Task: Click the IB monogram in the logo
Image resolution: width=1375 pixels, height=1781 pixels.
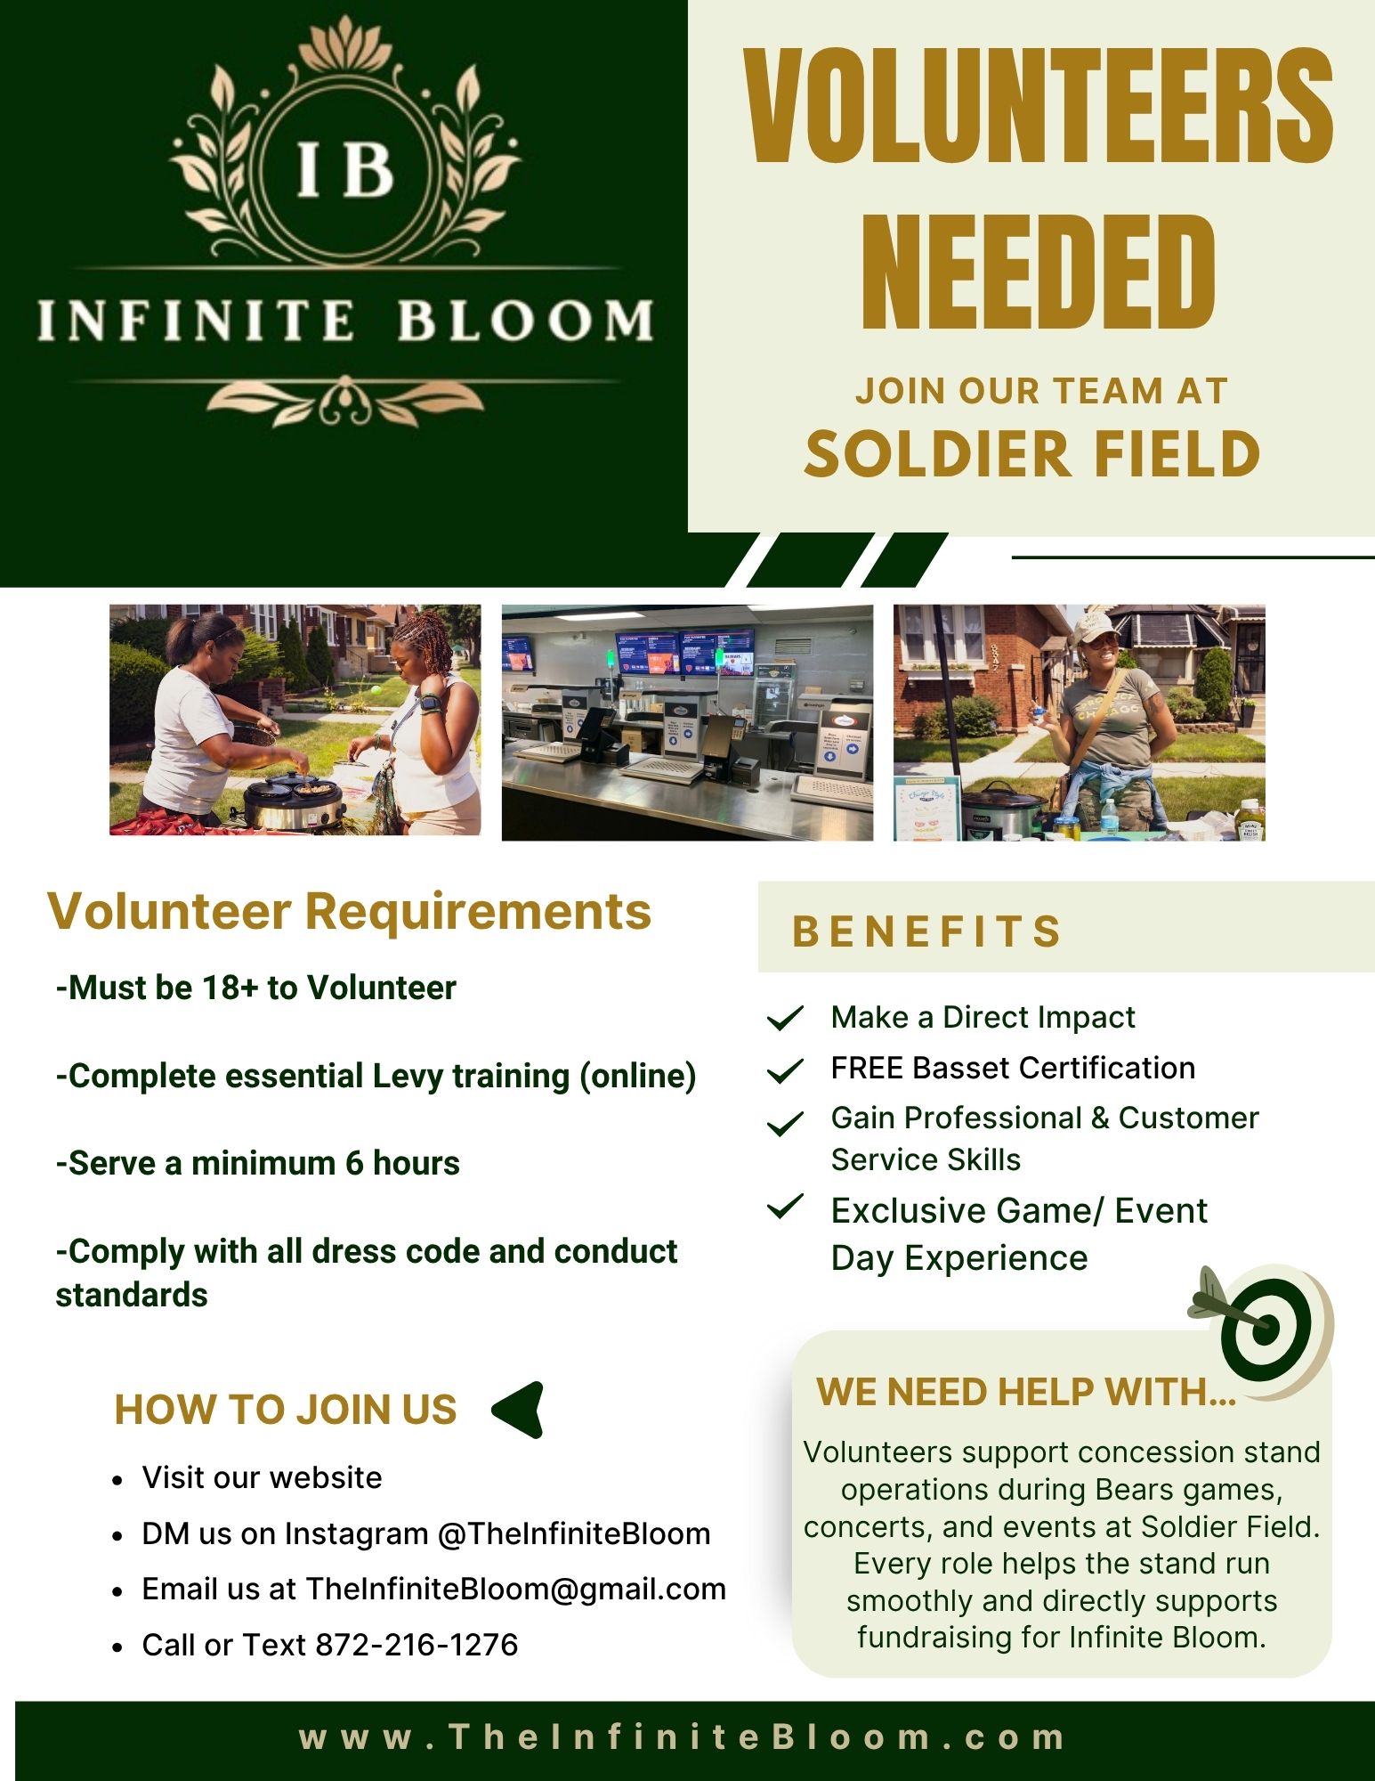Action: (344, 169)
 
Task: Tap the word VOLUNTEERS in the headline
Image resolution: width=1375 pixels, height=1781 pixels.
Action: (1038, 107)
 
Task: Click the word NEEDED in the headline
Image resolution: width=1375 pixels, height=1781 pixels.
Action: (1038, 273)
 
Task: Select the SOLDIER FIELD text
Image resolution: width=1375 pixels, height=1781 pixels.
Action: (1032, 454)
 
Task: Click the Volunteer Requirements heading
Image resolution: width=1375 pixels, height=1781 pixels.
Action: (349, 911)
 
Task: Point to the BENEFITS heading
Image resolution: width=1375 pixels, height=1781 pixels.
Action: (927, 931)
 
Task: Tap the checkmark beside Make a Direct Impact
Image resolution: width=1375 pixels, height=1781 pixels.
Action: (785, 1018)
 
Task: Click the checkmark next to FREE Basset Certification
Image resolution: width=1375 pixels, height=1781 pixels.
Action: (785, 1069)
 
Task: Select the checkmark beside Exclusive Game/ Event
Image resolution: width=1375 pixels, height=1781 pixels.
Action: (785, 1208)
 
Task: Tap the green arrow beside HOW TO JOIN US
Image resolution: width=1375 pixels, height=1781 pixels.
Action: (519, 1410)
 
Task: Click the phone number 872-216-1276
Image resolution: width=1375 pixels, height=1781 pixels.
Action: (417, 1645)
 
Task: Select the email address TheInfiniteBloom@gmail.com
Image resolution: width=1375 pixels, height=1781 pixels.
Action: (515, 1590)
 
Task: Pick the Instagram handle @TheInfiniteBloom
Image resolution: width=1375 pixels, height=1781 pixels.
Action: (574, 1533)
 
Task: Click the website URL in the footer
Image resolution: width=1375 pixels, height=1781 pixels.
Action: (683, 1737)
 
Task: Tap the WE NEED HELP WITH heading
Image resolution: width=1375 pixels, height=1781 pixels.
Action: (1026, 1392)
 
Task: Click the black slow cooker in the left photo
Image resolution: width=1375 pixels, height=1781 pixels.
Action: (294, 799)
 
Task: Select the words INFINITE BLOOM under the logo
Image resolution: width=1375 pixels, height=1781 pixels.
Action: (345, 321)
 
